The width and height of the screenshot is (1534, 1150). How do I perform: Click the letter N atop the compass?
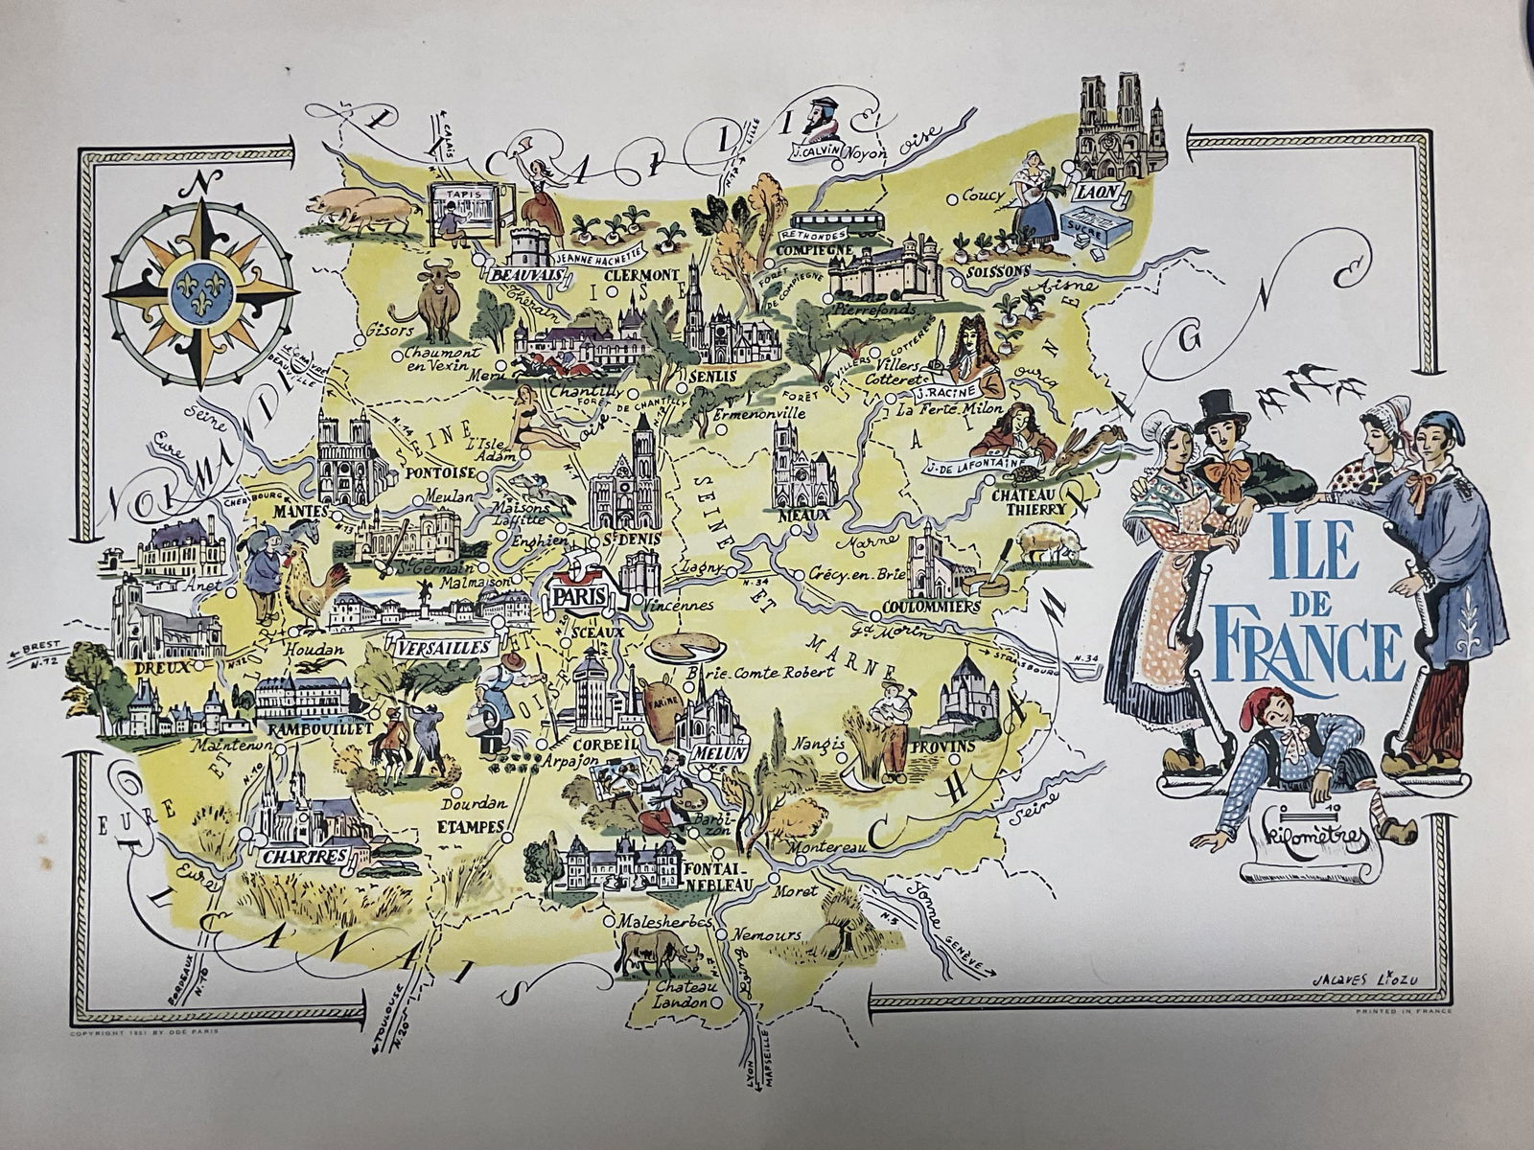click(201, 183)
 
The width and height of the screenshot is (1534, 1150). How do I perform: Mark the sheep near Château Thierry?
click(1050, 542)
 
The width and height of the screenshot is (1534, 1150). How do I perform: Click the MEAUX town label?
click(804, 514)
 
